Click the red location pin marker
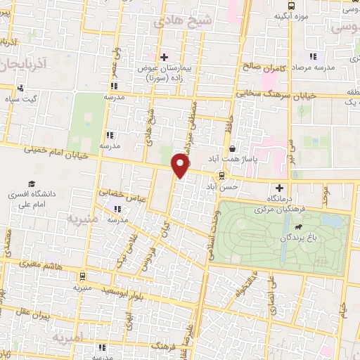click(x=181, y=165)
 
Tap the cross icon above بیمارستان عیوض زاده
click(x=164, y=57)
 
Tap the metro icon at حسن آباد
click(x=222, y=175)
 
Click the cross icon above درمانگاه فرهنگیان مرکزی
click(x=281, y=188)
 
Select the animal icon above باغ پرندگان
click(x=300, y=228)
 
